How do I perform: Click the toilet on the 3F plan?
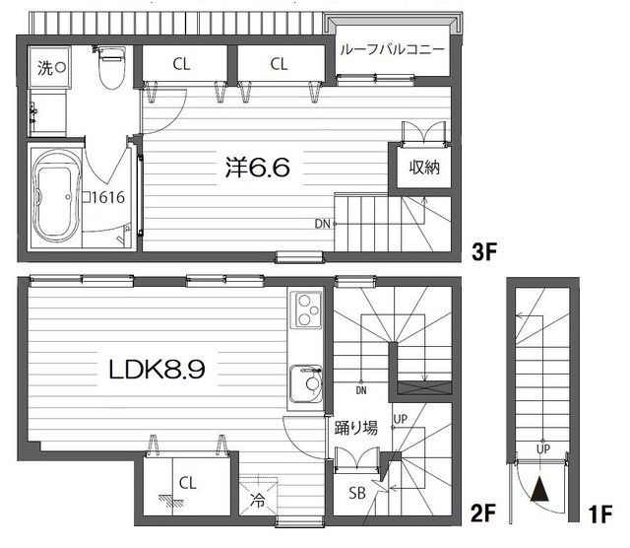point(112,68)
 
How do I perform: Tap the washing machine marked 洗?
point(49,67)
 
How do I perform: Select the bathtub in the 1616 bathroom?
point(57,198)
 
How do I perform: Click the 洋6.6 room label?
point(258,168)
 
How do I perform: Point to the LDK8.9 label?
point(157,369)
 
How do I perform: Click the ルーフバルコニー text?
point(392,49)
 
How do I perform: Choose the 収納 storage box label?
point(424,167)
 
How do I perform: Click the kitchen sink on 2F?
point(306,383)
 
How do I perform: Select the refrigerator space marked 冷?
point(258,496)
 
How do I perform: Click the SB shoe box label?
point(357,493)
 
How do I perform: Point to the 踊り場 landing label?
point(356,428)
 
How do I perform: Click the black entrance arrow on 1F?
point(539,489)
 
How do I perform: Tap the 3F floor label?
point(484,252)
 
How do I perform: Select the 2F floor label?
point(483,514)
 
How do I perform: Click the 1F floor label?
point(600,514)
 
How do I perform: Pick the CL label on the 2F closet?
point(188,483)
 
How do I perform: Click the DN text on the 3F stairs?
point(322,224)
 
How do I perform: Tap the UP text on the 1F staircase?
point(543,448)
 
